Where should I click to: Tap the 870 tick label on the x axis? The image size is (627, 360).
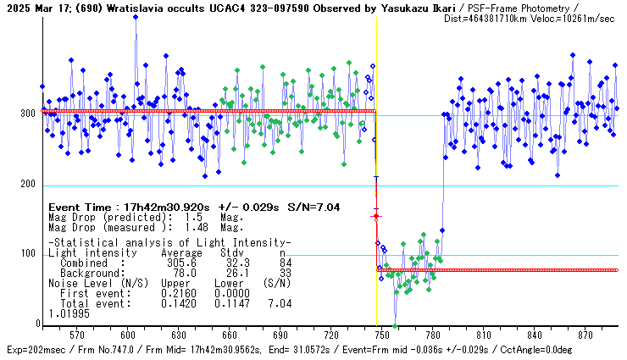click(585, 335)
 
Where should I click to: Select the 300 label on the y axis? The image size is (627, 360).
click(27, 114)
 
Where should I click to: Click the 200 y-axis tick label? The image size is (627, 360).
click(27, 185)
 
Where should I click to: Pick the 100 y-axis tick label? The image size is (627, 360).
click(27, 255)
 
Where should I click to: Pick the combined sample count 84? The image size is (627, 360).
click(283, 263)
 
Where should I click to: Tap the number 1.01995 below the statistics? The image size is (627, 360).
click(69, 313)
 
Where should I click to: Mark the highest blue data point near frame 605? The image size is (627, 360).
click(136, 15)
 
